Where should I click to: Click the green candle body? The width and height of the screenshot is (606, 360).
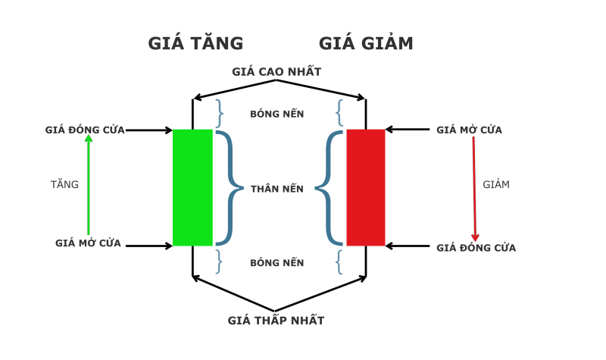pos(192,187)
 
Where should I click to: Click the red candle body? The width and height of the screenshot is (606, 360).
pos(366,187)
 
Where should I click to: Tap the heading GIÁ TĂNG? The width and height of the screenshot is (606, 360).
pos(195,44)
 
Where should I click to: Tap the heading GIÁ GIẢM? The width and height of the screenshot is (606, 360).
pos(366,44)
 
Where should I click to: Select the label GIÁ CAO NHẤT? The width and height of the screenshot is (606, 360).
pos(276,72)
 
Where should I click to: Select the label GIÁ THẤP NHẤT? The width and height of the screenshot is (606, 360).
pos(276,321)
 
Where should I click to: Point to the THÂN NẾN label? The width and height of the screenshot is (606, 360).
pos(277,189)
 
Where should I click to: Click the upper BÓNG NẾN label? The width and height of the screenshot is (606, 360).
pos(277,114)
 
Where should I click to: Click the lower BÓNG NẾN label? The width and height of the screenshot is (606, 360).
pos(277,263)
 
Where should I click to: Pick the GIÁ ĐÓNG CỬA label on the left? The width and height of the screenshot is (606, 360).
pos(85,130)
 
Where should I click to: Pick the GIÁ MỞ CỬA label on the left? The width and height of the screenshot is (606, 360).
pos(88,244)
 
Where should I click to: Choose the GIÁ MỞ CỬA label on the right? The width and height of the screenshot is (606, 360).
pos(469,130)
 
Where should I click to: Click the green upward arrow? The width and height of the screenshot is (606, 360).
pos(89,186)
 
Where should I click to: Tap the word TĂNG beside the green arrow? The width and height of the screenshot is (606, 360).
pos(64,184)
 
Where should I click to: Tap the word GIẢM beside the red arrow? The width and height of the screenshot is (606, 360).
pos(496,184)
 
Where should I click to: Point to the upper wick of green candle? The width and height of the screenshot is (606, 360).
pos(192,114)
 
